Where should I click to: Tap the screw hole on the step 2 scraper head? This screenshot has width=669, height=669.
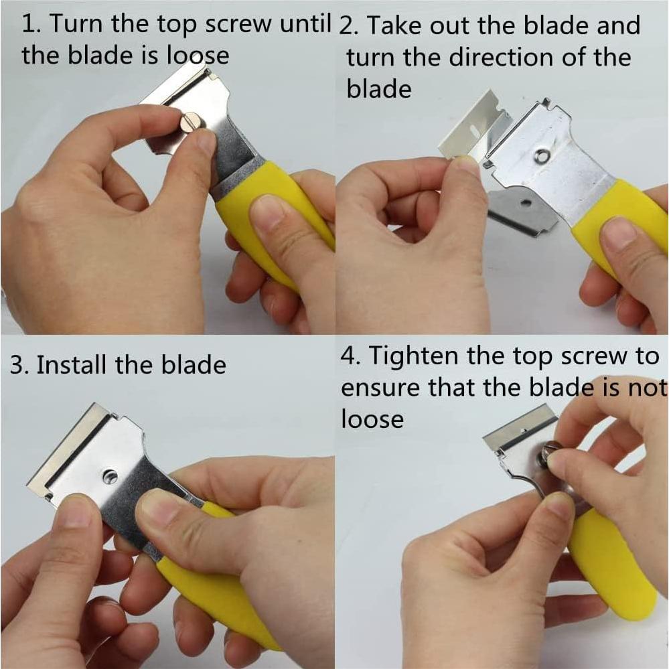pos(542,156)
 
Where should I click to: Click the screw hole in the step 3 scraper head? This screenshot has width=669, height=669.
pos(110,475)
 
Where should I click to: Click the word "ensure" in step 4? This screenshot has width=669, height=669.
pos(380,388)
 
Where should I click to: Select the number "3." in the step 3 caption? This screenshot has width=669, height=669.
pos(19,365)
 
